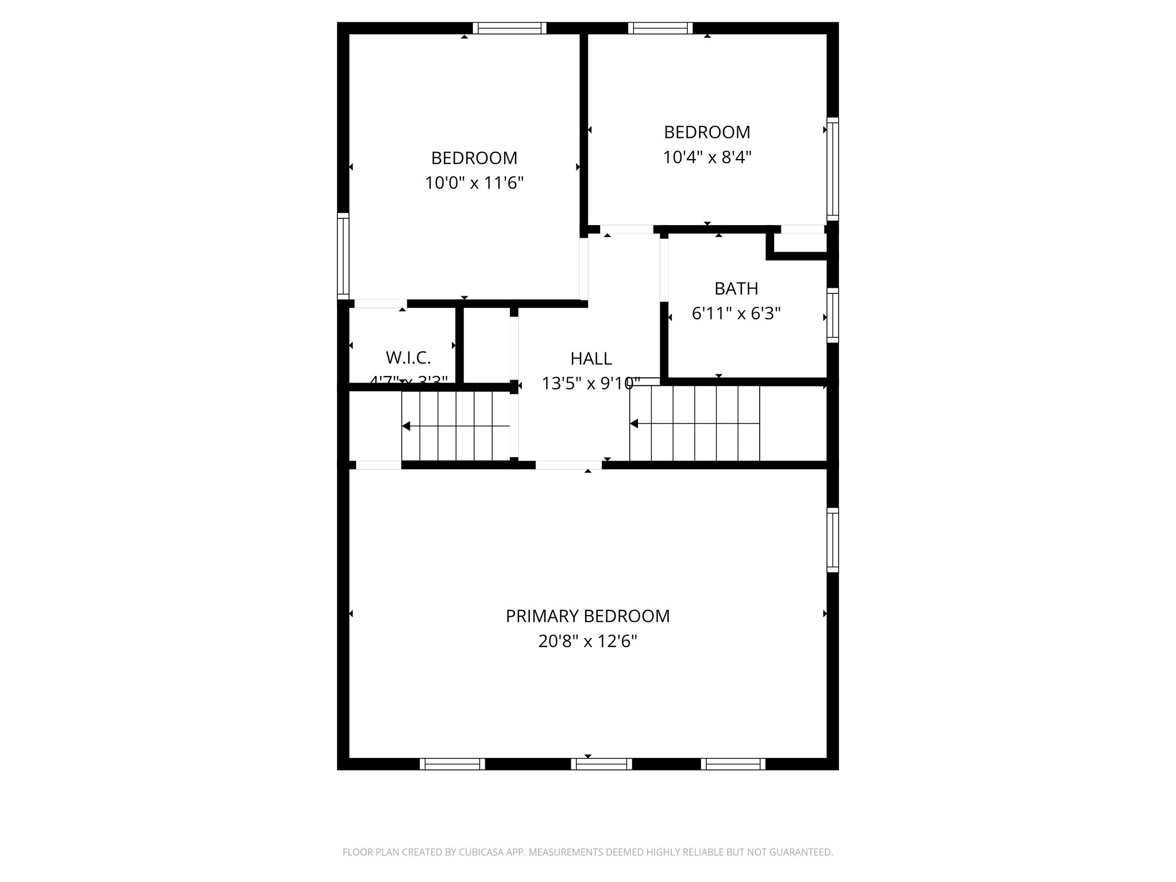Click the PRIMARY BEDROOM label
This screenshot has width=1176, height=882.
tap(587, 616)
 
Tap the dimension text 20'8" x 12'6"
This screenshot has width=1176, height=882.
tap(587, 641)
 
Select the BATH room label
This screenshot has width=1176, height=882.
tap(736, 288)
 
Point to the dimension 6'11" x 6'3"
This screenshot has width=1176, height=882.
tap(736, 314)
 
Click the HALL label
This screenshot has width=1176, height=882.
tap(591, 359)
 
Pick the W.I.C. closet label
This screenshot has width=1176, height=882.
tap(408, 358)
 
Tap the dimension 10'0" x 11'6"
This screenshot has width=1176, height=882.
tap(474, 183)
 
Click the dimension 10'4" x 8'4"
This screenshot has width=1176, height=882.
tap(707, 157)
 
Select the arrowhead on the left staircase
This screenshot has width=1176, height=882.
tap(406, 426)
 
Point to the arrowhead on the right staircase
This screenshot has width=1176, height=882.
tap(634, 424)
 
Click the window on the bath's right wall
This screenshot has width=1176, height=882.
tap(832, 315)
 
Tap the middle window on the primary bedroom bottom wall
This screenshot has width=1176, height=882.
tap(601, 764)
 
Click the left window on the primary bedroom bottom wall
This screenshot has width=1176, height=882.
tap(452, 764)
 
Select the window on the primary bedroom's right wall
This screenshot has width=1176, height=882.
tap(832, 540)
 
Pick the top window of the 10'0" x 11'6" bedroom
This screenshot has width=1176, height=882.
tap(509, 28)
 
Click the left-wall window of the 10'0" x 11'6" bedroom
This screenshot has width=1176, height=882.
tap(343, 256)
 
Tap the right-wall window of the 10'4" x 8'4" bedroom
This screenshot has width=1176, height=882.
tap(832, 169)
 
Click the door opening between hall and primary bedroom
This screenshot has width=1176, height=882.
tap(568, 465)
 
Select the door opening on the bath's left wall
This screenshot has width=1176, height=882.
tap(664, 270)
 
